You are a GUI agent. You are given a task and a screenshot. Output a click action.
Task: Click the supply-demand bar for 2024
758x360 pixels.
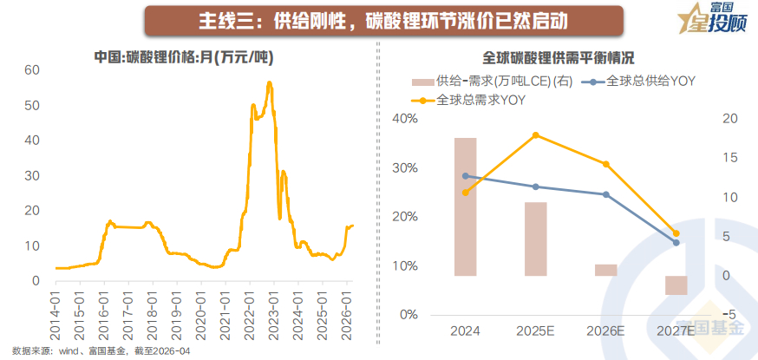pos(465,206)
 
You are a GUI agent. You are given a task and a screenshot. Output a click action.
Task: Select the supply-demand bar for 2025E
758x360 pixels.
pos(536,239)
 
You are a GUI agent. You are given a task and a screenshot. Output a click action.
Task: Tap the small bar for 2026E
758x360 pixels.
pos(606,270)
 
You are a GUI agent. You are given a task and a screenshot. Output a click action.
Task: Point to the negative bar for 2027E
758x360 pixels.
pos(676,285)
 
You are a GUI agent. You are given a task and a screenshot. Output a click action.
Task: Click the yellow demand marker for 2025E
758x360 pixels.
pos(536,135)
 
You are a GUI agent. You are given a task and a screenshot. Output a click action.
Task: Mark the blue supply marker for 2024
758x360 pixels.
pos(466,176)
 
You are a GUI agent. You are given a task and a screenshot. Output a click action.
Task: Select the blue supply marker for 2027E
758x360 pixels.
pos(676,242)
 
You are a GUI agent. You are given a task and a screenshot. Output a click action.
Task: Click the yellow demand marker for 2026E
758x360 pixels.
pos(606,164)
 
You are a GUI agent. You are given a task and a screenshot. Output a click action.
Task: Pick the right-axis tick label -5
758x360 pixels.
pos(730,314)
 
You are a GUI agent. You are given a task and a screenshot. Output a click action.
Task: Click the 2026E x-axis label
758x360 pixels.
pos(606,331)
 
